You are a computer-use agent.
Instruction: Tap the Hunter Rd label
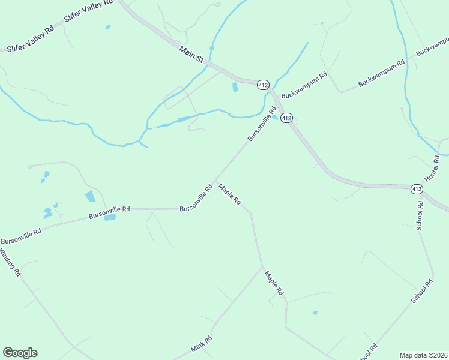[x=432, y=169]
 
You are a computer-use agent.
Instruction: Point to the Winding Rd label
[x=11, y=263]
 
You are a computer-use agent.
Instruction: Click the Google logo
[x=20, y=353]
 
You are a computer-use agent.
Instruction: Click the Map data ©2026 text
[x=423, y=355]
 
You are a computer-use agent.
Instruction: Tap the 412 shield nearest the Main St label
[x=263, y=85]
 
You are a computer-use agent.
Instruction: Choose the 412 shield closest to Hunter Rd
[x=417, y=189]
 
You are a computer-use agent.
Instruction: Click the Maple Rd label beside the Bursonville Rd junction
[x=229, y=194]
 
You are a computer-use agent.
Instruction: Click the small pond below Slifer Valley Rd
[x=108, y=27]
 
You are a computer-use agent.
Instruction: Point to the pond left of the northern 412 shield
[x=235, y=87]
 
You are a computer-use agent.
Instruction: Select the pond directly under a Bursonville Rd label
[x=110, y=217]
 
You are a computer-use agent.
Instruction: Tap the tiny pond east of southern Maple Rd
[x=315, y=313]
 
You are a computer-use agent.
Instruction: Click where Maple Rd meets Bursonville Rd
[x=214, y=182]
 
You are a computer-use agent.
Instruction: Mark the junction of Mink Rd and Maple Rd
[x=262, y=268]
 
